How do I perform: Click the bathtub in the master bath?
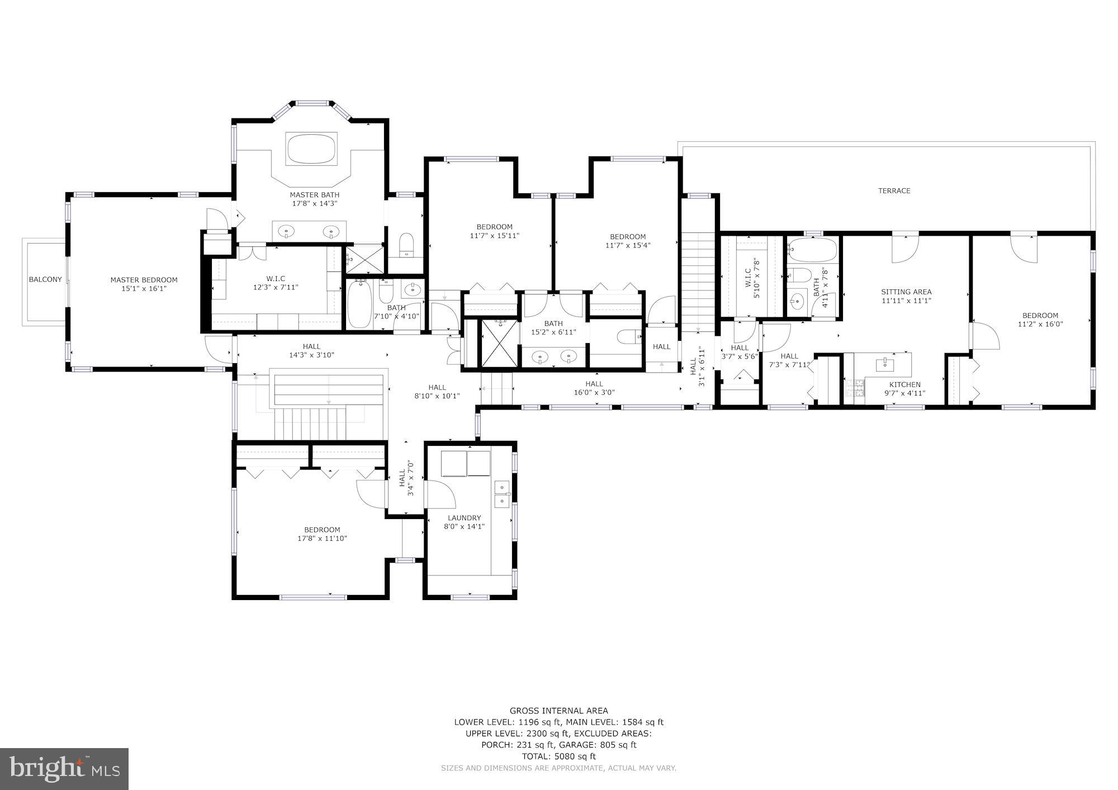click(311, 148)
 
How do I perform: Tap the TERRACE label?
click(894, 191)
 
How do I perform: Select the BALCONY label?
click(45, 279)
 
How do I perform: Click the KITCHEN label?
click(904, 384)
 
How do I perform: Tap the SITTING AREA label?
click(906, 292)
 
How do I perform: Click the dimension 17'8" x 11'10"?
click(322, 539)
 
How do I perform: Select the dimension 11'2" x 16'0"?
click(1040, 324)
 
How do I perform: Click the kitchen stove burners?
click(854, 388)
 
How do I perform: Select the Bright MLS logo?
click(64, 769)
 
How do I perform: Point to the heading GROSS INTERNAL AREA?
click(558, 711)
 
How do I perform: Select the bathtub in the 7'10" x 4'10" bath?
click(358, 304)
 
